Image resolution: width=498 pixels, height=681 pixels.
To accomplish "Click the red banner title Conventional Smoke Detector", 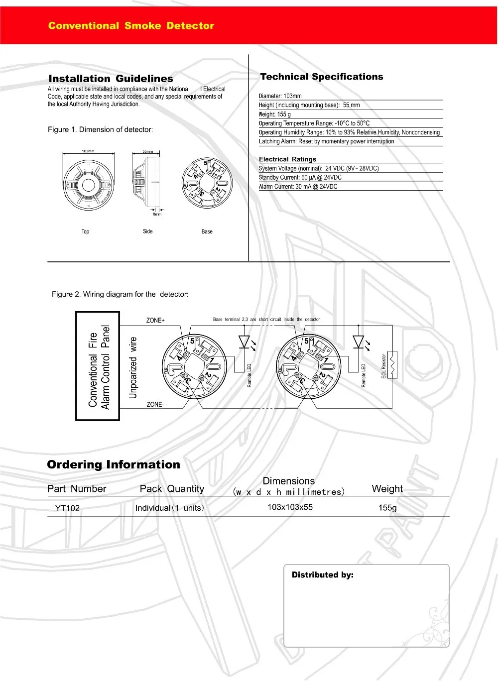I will (131, 26).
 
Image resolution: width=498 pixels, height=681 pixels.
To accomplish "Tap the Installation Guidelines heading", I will (111, 79).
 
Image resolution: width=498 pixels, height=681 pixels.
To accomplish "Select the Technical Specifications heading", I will (321, 77).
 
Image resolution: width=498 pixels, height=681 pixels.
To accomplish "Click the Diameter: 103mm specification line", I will (280, 96).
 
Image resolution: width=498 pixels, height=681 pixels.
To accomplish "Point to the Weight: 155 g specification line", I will (274, 114).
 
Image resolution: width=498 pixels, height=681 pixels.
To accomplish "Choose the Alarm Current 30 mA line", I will (298, 187).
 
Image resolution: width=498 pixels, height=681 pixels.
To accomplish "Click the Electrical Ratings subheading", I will (287, 159).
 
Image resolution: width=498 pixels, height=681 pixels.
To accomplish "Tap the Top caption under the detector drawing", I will (85, 231).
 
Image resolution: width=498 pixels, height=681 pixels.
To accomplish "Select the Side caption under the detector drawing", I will (148, 231).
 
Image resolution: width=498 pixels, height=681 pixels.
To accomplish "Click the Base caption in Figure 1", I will (207, 231).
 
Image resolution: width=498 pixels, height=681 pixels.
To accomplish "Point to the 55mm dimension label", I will (148, 151).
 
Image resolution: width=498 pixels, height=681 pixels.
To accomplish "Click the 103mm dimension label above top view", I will (88, 151).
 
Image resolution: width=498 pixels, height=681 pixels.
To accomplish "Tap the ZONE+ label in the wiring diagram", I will (155, 320).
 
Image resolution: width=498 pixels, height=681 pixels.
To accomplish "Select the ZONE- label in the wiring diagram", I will (155, 405).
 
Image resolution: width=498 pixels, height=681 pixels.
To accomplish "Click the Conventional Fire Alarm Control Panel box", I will (98, 366).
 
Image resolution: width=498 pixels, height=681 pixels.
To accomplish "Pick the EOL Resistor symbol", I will (392, 365).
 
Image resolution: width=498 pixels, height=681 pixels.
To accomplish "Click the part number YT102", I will (67, 508).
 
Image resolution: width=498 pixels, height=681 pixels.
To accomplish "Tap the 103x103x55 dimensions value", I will (290, 507).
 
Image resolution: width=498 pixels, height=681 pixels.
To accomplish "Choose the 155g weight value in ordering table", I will (387, 508).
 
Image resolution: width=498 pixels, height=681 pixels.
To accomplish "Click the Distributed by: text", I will (322, 575).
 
